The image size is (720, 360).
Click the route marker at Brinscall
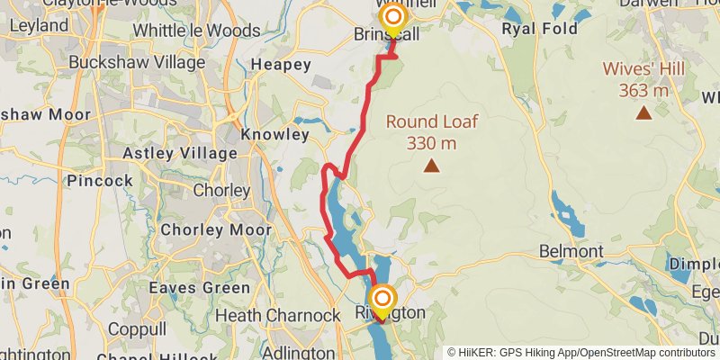(x=393, y=18)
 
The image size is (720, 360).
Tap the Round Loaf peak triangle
(x=432, y=166)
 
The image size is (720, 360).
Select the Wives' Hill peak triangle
(x=643, y=112)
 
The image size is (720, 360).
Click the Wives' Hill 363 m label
(x=643, y=79)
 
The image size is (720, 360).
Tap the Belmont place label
(x=571, y=250)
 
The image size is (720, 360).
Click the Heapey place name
(x=281, y=65)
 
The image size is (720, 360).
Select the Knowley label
(x=275, y=135)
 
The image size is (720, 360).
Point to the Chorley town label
(x=221, y=191)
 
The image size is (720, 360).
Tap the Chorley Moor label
(x=215, y=230)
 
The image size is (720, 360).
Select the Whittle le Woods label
(x=196, y=31)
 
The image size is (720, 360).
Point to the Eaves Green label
(x=200, y=288)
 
